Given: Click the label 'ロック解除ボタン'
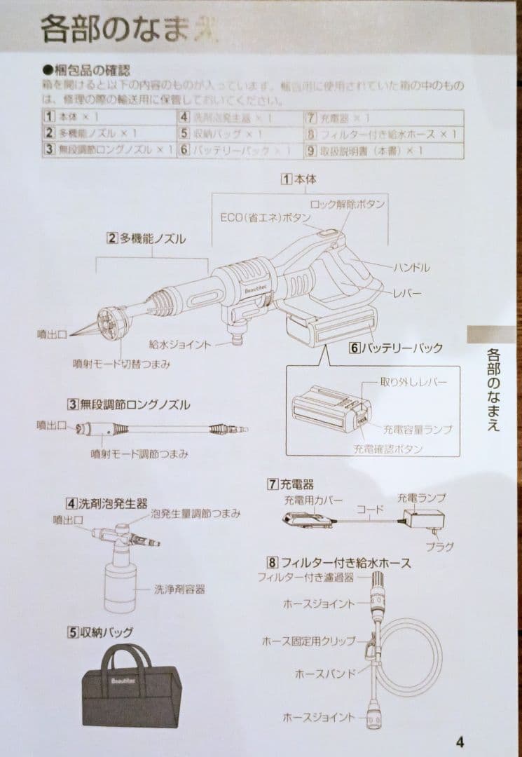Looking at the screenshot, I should coord(347,203).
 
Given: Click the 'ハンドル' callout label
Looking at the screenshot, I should coord(411,267).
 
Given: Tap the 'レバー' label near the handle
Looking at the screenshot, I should coord(408,293).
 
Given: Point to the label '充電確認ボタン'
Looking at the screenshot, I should coord(388,449).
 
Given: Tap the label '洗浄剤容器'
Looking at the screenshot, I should coord(179,589).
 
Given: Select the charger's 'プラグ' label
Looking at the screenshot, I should coord(439,546).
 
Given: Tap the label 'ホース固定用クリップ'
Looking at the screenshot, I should coord(309,641).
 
